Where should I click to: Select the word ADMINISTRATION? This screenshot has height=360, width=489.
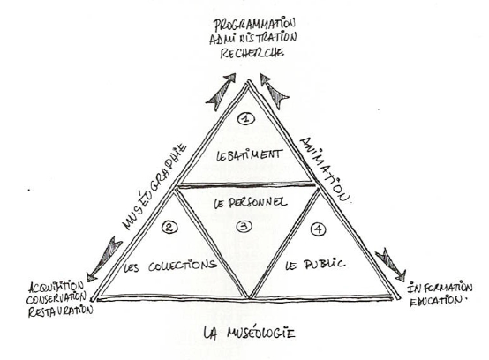253,39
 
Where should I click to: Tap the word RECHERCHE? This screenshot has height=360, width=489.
252,53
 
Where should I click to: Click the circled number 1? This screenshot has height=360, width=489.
246,118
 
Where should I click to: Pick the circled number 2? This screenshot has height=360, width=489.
170,228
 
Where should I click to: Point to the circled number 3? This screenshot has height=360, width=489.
244,227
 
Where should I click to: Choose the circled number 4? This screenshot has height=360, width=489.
319,229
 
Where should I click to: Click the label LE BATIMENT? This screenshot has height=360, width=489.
250,155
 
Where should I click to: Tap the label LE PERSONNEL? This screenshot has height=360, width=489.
251,203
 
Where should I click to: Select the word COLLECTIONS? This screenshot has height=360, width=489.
183,266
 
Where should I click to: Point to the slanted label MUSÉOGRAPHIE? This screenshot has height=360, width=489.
155,186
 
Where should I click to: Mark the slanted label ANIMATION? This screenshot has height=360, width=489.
325,170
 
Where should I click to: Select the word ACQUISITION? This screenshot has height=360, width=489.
56,287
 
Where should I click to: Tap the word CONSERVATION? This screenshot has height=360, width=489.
56,298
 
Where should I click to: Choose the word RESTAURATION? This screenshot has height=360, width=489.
61,311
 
